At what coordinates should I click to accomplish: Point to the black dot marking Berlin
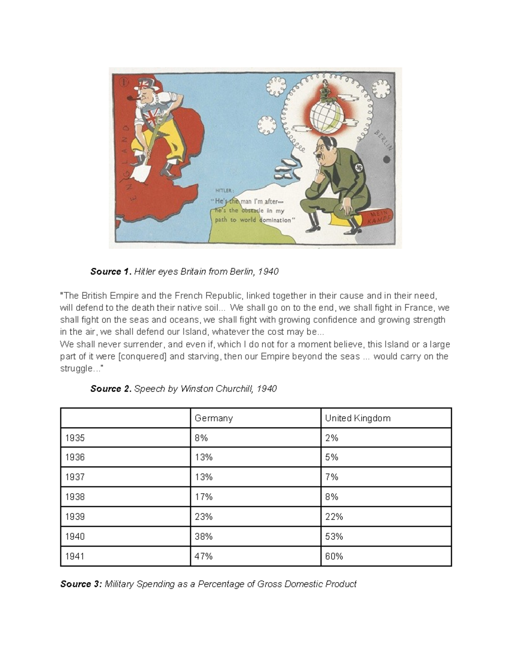[387, 160]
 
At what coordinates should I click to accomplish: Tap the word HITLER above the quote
[224, 191]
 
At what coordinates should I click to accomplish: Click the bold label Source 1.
[111, 272]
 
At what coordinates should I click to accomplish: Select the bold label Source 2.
[111, 389]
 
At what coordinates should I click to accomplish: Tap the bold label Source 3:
[81, 584]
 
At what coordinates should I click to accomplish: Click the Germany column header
[213, 418]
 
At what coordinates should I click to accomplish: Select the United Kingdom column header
[357, 418]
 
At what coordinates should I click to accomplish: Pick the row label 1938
[75, 497]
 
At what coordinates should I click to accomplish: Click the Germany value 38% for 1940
[203, 536]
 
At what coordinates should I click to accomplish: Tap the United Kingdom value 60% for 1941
[334, 556]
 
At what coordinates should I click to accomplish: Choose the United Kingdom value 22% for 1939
[334, 517]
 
